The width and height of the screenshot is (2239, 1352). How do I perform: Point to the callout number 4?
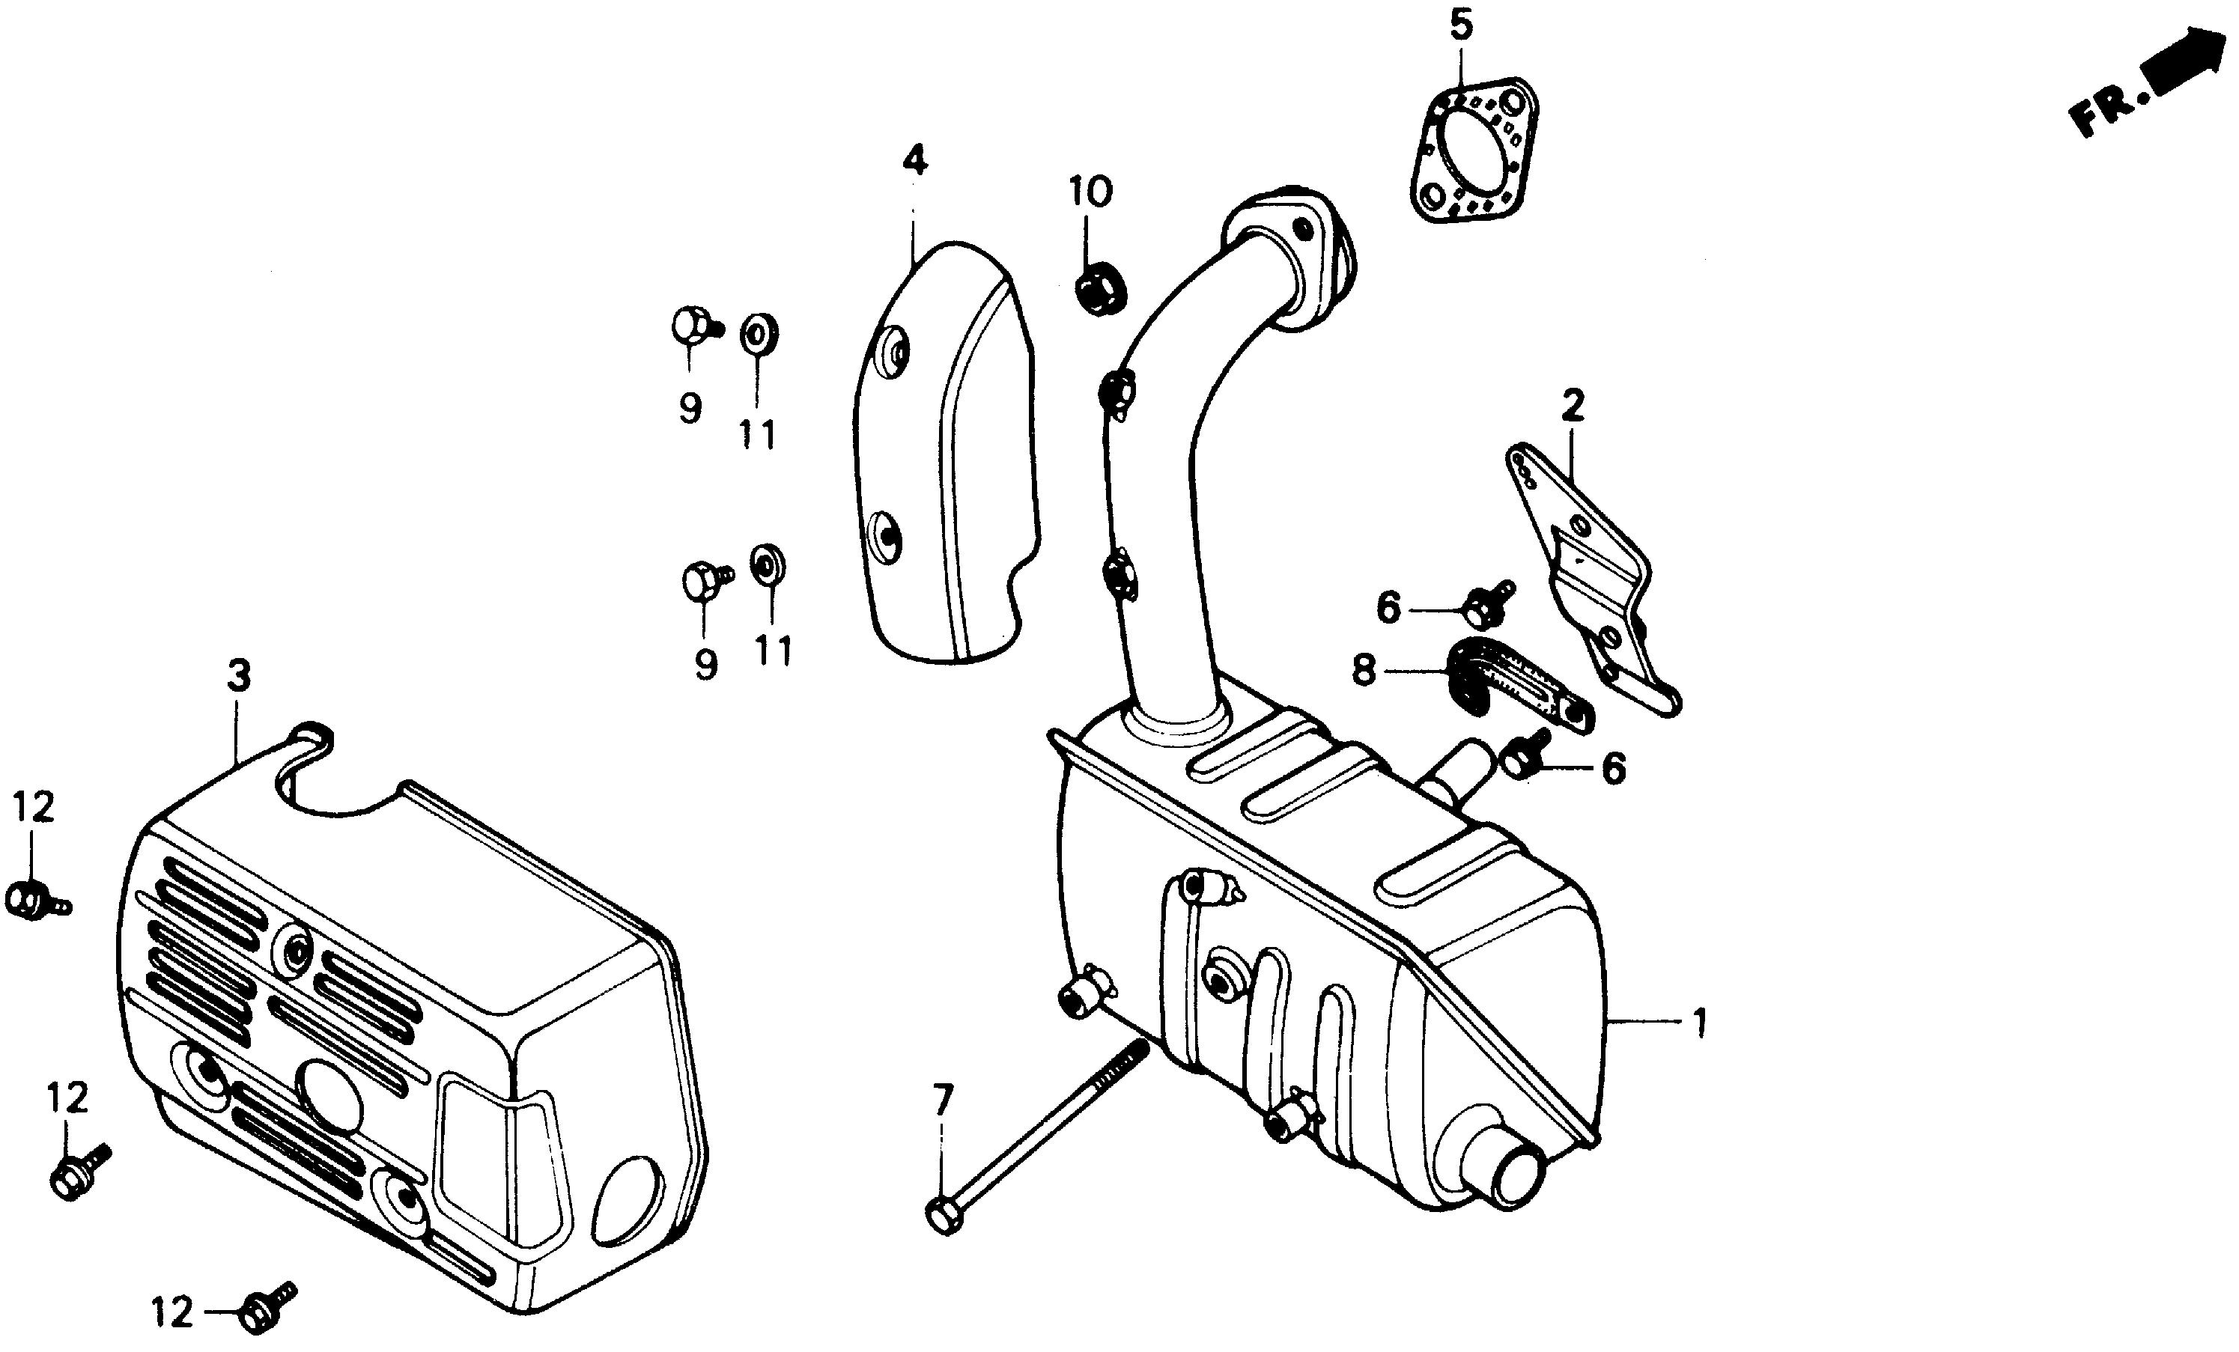[915, 162]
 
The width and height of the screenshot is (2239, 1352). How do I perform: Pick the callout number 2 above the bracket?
[1573, 406]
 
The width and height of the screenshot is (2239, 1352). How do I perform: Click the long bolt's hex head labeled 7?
[944, 1217]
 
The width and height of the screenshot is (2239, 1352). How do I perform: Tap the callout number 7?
[944, 1101]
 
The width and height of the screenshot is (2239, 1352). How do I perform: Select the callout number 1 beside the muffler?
[1699, 1025]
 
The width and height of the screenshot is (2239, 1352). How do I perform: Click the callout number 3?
[238, 677]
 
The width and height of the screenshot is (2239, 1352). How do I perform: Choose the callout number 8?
[1364, 671]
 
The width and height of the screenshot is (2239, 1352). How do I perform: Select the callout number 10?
[1090, 192]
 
